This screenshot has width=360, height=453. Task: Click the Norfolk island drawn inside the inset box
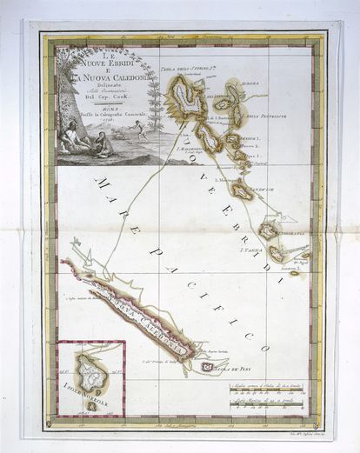[x=90, y=371]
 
